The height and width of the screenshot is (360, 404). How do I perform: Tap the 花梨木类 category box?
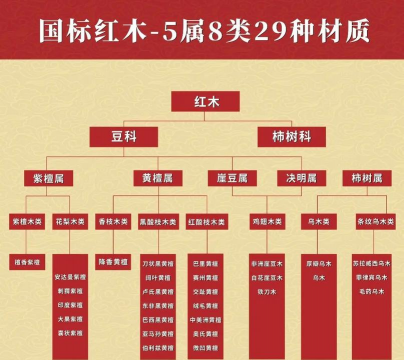(x=69, y=218)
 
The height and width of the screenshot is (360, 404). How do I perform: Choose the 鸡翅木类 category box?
(x=267, y=218)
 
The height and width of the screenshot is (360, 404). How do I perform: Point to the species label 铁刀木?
(x=267, y=290)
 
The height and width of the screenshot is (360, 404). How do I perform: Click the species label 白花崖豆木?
(x=267, y=276)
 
